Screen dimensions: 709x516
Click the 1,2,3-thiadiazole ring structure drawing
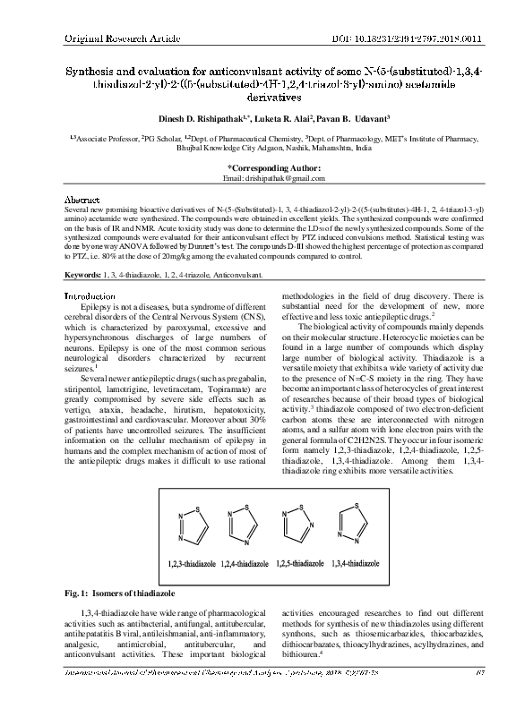188,527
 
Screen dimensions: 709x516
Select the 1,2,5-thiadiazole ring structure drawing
297,525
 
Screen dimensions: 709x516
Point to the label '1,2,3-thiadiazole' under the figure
189,564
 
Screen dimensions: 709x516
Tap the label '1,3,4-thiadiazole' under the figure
354,564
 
